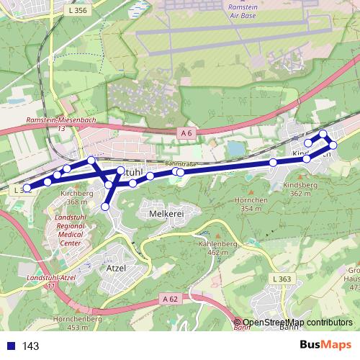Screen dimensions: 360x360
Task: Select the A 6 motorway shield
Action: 186,133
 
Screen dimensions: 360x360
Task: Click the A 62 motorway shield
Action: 170,299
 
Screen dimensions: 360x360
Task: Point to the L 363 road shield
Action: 282,279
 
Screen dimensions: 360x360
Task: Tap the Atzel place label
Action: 116,267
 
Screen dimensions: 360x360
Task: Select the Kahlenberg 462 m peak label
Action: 202,248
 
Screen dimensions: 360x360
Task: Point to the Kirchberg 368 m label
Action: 77,198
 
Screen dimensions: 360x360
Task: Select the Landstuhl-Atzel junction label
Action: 50,282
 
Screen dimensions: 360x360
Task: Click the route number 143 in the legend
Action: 31,346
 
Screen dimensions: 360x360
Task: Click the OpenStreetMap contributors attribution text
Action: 297,323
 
